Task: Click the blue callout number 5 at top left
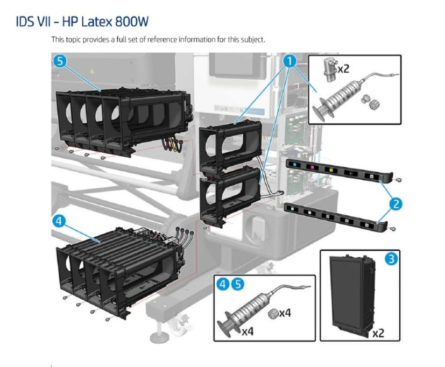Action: [x=60, y=61]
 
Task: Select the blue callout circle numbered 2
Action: [x=396, y=203]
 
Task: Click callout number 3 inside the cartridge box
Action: [x=392, y=259]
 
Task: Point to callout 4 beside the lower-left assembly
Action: [x=60, y=221]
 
